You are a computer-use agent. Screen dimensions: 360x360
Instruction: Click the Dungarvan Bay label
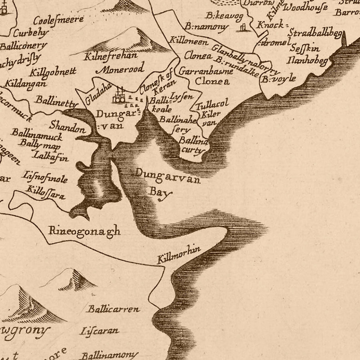tap(167, 182)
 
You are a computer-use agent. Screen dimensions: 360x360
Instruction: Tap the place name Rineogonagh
tap(84, 231)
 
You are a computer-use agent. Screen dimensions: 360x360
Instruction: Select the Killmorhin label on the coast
tap(179, 254)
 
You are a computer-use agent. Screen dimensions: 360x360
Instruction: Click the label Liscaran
tap(100, 331)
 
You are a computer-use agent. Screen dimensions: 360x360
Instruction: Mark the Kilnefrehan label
tap(110, 56)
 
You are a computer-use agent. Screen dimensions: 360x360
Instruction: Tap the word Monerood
tap(122, 69)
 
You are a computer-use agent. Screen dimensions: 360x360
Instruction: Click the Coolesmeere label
tap(58, 20)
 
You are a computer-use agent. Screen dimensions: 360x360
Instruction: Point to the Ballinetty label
tap(56, 100)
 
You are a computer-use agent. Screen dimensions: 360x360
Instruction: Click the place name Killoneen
tap(189, 40)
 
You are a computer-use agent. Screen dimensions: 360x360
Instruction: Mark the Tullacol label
tap(212, 105)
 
